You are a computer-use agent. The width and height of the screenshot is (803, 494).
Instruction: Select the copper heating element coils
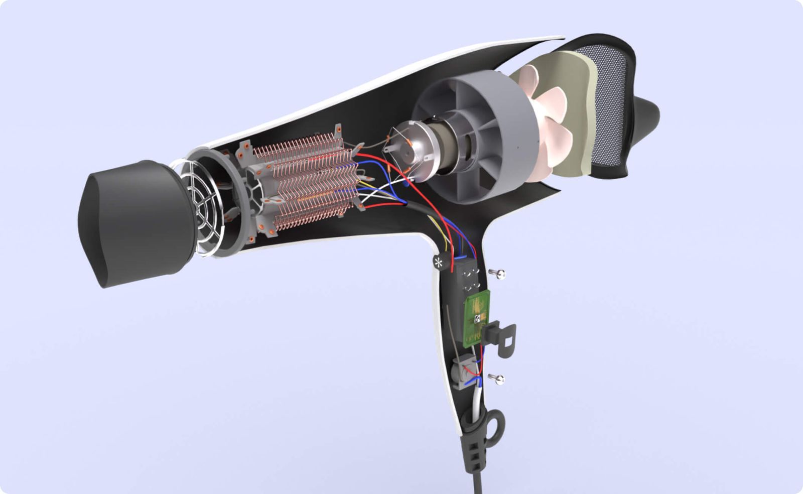pos(306,181)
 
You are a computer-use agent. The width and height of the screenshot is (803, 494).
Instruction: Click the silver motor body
pos(419,148)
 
